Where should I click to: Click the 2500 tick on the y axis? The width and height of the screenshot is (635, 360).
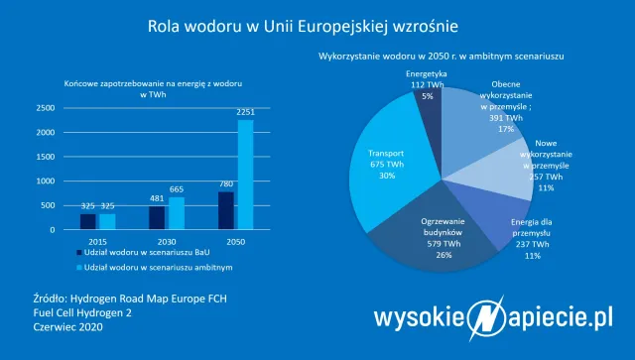point(46,108)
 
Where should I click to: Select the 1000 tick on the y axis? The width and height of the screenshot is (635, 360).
point(46,180)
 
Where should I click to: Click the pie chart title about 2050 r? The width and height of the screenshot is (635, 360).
point(441,56)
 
